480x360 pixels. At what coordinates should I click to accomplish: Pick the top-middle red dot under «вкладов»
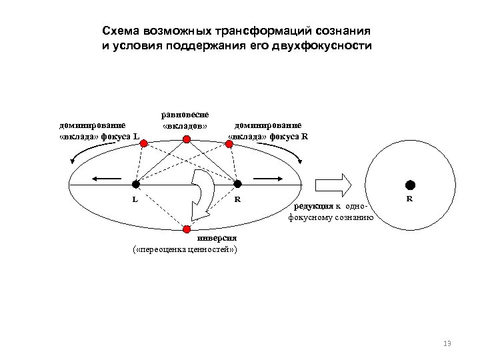[187, 139]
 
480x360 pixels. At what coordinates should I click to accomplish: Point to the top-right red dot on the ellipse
[229, 142]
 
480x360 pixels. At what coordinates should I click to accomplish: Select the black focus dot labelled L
[135, 184]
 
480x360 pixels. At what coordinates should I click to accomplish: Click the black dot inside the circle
[410, 184]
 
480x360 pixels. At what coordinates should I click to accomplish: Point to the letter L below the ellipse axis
[135, 199]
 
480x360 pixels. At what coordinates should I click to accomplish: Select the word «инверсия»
[216, 239]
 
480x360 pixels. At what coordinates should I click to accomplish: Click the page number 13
[447, 343]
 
